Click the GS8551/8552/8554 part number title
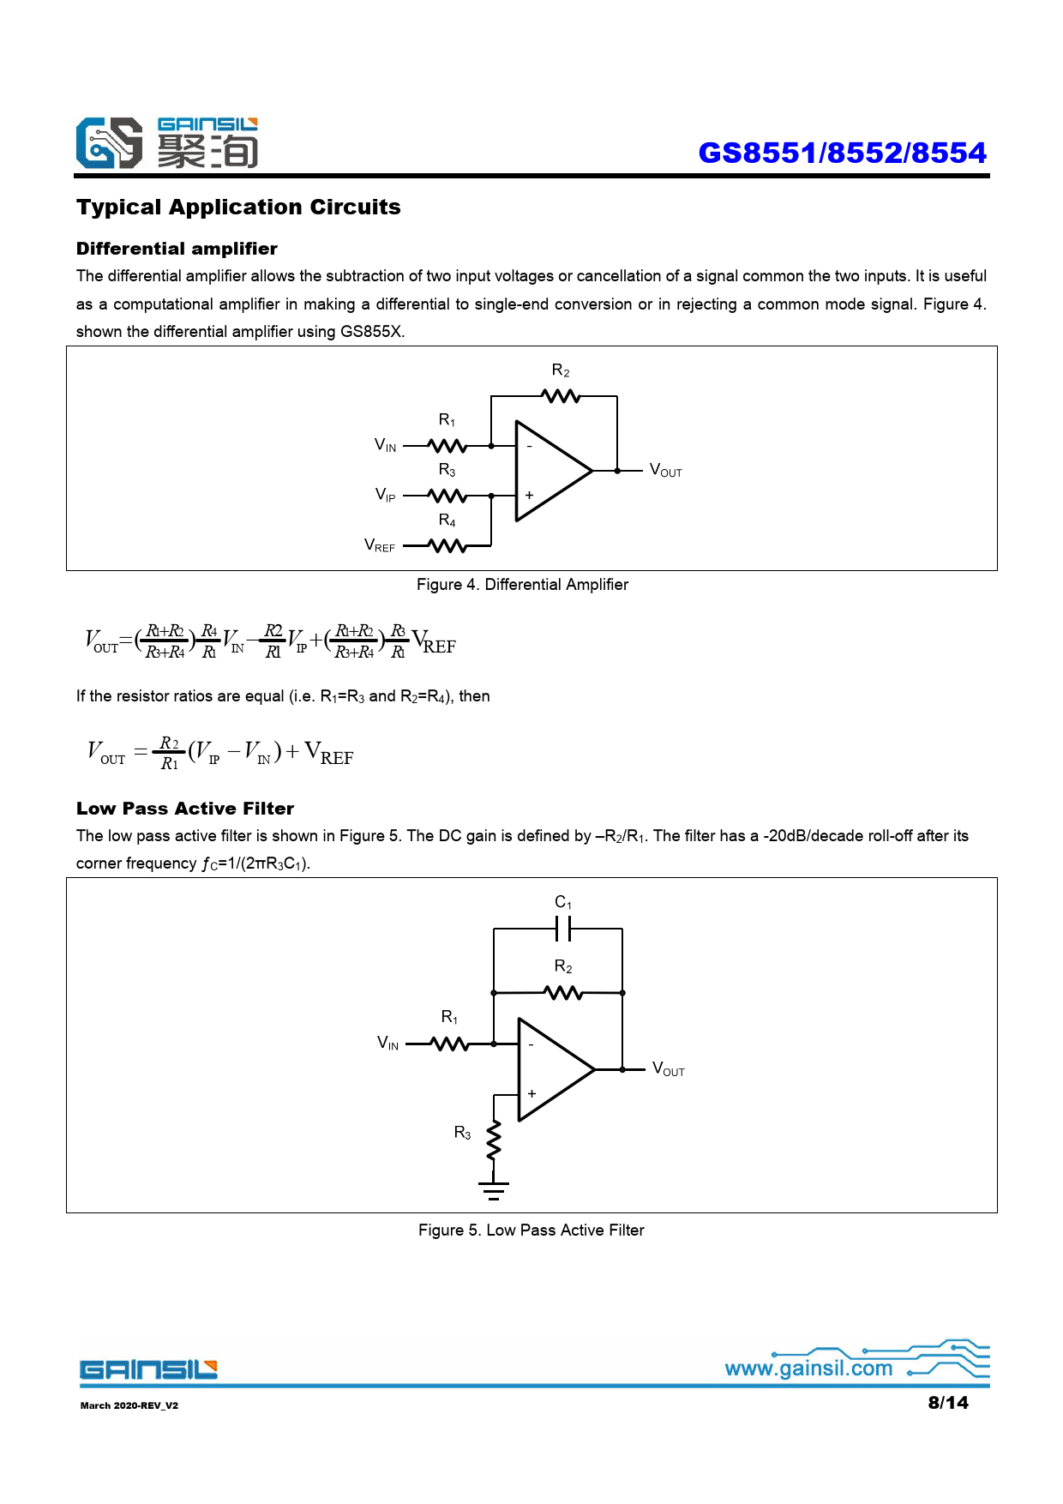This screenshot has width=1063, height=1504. [x=842, y=153]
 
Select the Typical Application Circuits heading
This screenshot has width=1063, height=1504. [x=238, y=208]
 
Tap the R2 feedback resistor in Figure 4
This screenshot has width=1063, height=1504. [x=562, y=396]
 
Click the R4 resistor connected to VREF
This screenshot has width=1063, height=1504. [x=447, y=545]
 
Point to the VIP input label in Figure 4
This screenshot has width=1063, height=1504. [x=386, y=495]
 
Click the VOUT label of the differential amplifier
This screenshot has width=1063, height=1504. [x=665, y=471]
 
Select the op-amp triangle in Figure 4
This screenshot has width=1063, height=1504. [x=549, y=471]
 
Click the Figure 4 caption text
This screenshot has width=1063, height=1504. [x=522, y=585]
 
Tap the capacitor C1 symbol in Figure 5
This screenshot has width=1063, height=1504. [x=563, y=929]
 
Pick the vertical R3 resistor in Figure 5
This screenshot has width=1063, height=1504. [x=494, y=1140]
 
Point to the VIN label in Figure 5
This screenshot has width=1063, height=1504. [x=388, y=1044]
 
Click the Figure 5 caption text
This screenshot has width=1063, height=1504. [x=531, y=1230]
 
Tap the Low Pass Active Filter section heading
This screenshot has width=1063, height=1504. [x=185, y=809]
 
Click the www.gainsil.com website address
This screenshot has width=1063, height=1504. [x=808, y=1369]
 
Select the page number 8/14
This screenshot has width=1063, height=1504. [x=947, y=1403]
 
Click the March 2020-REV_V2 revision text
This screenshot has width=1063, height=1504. [x=129, y=1405]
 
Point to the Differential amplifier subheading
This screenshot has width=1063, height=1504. [x=177, y=249]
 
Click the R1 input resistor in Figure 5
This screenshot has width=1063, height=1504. [x=449, y=1044]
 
